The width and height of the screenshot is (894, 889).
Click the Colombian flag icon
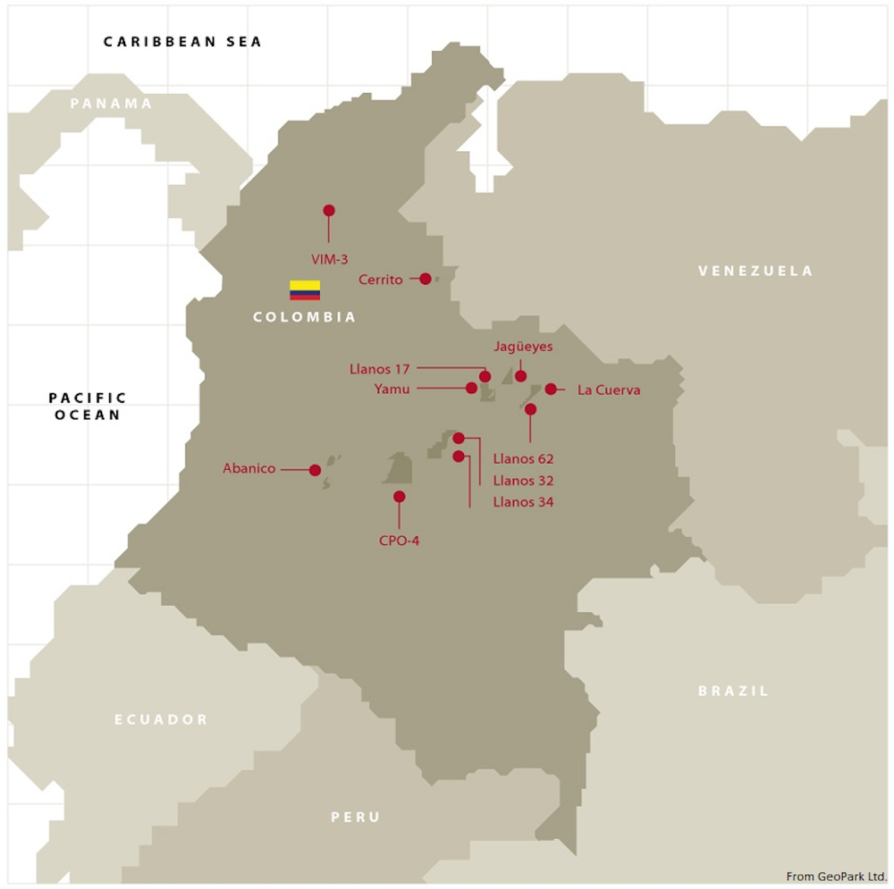pyautogui.click(x=305, y=290)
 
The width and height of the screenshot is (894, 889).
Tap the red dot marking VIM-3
pyautogui.click(x=329, y=211)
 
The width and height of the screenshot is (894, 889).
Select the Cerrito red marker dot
pyautogui.click(x=425, y=278)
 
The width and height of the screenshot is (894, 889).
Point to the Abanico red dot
pyautogui.click(x=315, y=470)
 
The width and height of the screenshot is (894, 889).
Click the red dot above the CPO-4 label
pyautogui.click(x=399, y=497)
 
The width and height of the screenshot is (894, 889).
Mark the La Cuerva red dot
pyautogui.click(x=551, y=389)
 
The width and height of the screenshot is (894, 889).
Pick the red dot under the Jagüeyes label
pyautogui.click(x=521, y=376)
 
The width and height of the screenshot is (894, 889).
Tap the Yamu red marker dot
pyautogui.click(x=472, y=388)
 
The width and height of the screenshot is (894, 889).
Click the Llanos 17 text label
pyautogui.click(x=379, y=369)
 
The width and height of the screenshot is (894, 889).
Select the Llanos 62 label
pyautogui.click(x=523, y=459)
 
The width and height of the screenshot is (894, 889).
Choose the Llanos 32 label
pyautogui.click(x=523, y=480)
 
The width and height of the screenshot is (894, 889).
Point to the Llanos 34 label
pyautogui.click(x=523, y=502)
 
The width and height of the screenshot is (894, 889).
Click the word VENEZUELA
pyautogui.click(x=755, y=271)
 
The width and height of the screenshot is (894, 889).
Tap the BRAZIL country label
pyautogui.click(x=733, y=691)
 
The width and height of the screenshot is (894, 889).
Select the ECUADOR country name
pyautogui.click(x=161, y=719)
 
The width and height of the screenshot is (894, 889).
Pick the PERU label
pyautogui.click(x=355, y=817)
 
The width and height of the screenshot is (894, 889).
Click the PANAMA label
pyautogui.click(x=111, y=103)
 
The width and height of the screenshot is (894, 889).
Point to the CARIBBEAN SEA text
pyautogui.click(x=183, y=42)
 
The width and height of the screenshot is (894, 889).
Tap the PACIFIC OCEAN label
pyautogui.click(x=88, y=407)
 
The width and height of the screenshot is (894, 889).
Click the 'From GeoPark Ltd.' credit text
pyautogui.click(x=836, y=876)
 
